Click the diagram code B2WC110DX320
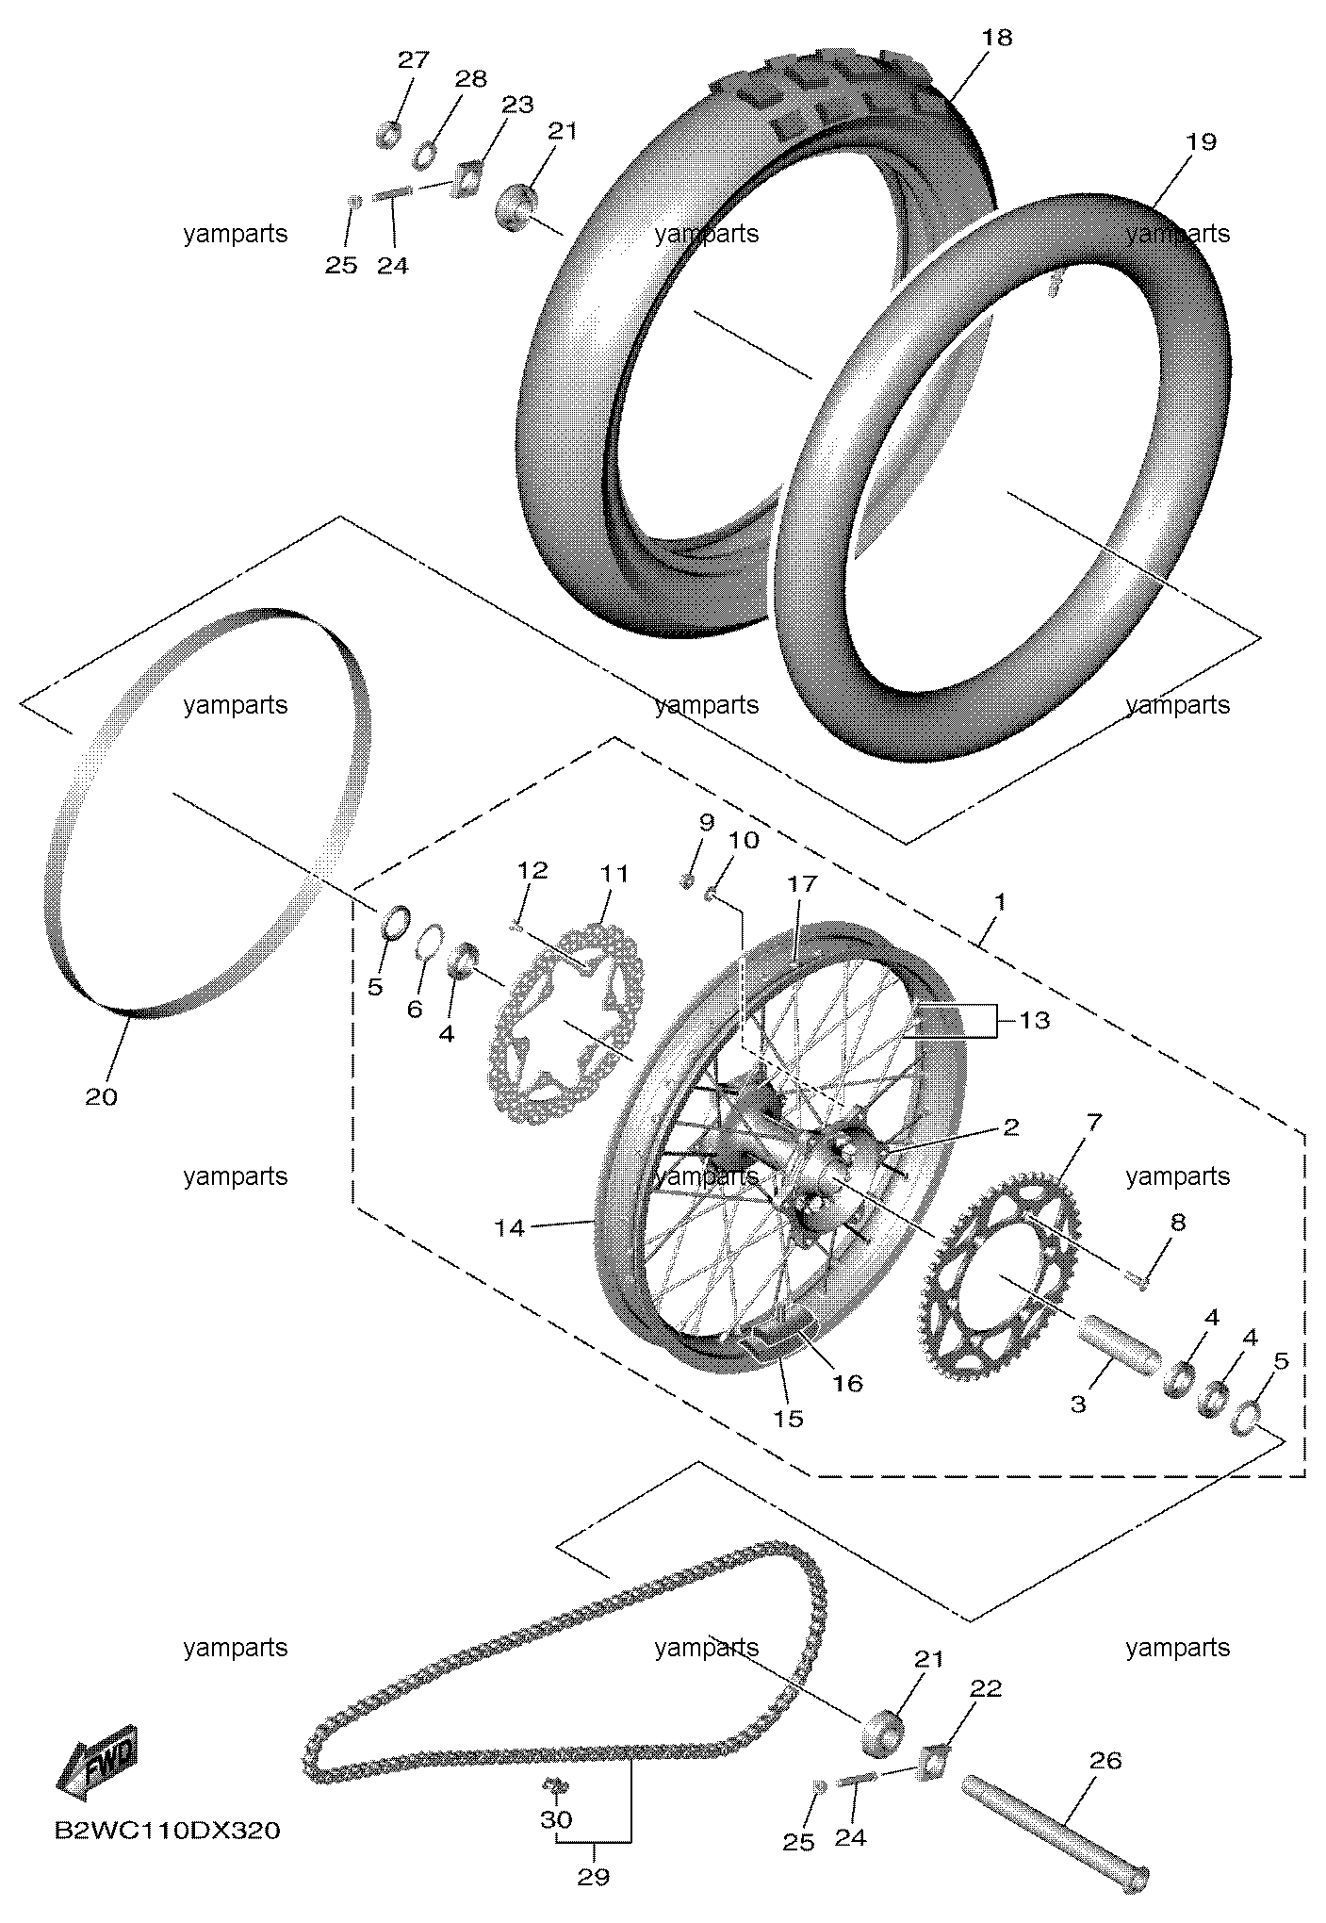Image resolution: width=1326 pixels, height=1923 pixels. pos(167,1831)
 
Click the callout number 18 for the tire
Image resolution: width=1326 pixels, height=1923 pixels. pos(996,38)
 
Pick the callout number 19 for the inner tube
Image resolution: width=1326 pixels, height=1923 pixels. pos(1202,141)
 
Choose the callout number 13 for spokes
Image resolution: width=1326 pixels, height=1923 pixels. pos(1034,1020)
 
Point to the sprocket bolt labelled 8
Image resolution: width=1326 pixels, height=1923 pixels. pos(1138,1279)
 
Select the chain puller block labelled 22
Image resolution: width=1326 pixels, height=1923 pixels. pos(935,1761)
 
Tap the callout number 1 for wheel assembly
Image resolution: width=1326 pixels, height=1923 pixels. pos(1000,902)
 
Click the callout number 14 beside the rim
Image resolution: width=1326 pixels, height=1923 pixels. pos(510,1227)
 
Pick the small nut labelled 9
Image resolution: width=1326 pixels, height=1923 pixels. pos(688,881)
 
